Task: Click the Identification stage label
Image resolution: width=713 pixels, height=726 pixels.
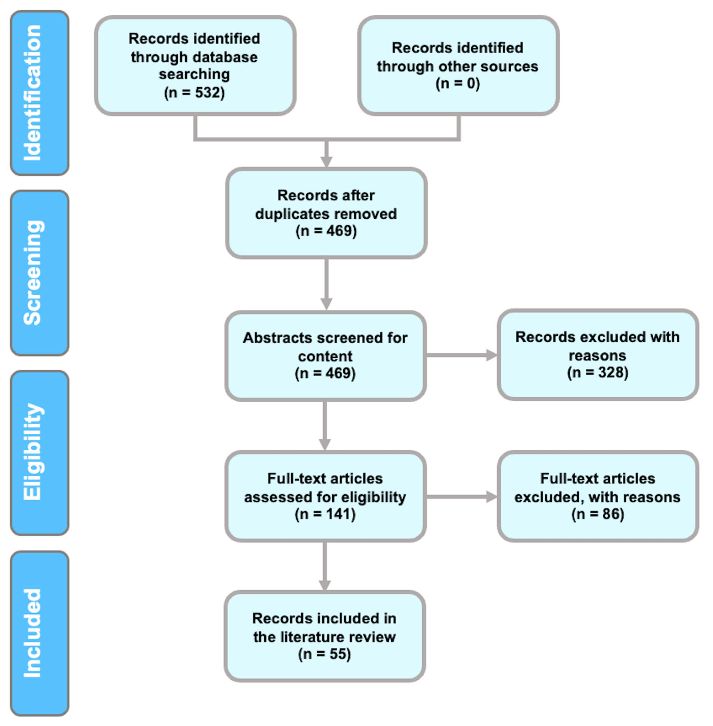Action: click(x=33, y=93)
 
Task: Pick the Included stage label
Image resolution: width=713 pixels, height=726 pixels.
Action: click(x=33, y=633)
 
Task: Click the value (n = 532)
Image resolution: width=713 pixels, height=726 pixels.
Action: click(x=194, y=92)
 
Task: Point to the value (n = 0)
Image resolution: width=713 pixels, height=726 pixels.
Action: click(x=457, y=83)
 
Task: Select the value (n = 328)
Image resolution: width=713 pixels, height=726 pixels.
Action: click(x=597, y=373)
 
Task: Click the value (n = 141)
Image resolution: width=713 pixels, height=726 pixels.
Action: click(x=325, y=514)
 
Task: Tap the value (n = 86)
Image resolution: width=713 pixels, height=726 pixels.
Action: click(x=597, y=514)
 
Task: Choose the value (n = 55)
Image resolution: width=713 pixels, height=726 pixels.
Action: click(x=324, y=654)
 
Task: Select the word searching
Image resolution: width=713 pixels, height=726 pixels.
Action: click(x=194, y=74)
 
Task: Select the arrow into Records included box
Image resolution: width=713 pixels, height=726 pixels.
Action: click(x=325, y=584)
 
